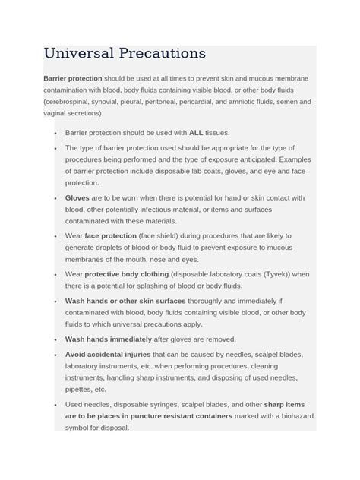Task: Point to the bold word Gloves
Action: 78,197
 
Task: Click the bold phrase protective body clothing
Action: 127,274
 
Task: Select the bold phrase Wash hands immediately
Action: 107,339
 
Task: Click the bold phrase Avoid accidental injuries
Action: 108,354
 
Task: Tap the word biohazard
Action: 292,416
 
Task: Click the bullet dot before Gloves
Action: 56,198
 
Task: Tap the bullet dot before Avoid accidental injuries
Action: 56,355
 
